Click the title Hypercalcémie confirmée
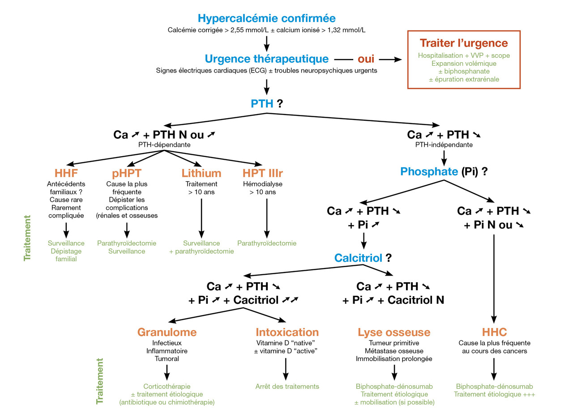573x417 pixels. (266, 19)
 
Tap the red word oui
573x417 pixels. (366, 59)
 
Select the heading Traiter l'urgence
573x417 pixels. (463, 43)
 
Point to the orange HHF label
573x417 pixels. (66, 173)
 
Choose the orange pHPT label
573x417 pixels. (127, 173)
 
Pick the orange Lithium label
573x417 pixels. (201, 173)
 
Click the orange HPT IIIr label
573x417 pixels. (263, 173)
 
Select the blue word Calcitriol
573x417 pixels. (358, 258)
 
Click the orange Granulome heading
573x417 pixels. (167, 332)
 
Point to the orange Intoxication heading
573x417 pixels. (287, 332)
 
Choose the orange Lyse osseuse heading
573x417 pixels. (394, 332)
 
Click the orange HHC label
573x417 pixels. (494, 332)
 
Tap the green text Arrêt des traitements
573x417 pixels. (287, 386)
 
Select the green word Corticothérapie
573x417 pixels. (167, 386)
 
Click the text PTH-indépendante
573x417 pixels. (444, 145)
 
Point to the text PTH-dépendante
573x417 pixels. (164, 145)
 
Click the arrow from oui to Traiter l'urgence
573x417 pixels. (392, 59)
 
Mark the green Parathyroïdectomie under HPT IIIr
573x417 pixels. (267, 243)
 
